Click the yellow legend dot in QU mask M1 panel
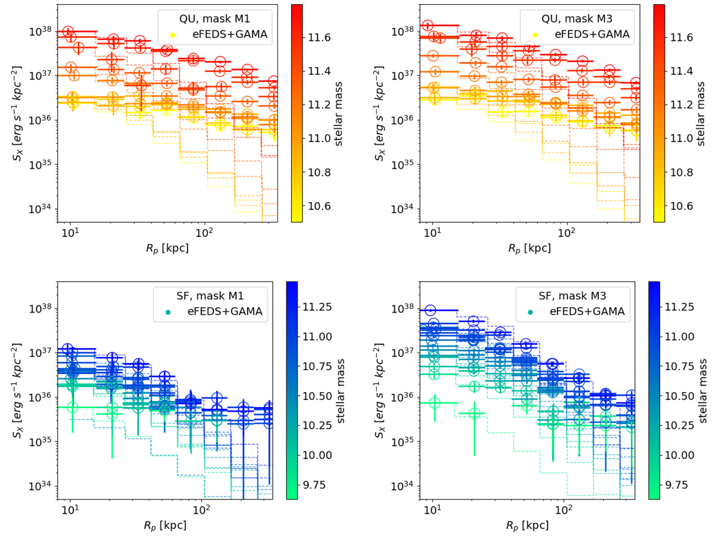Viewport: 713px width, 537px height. (172, 35)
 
